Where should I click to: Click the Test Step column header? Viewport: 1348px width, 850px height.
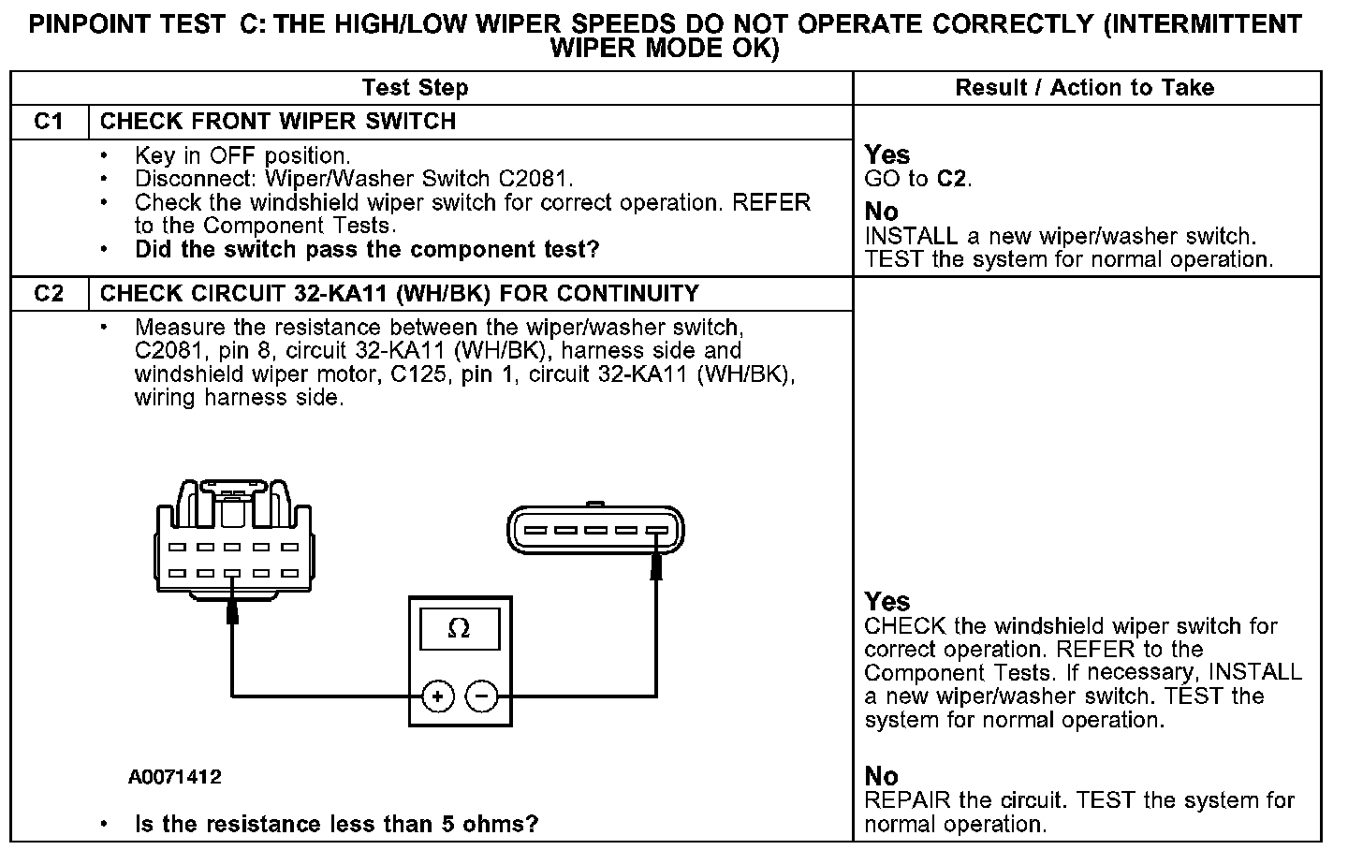pyautogui.click(x=415, y=88)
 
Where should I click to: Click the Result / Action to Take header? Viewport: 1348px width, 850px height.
pyautogui.click(x=1084, y=88)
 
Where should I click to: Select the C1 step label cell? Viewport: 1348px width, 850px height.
pyautogui.click(x=49, y=122)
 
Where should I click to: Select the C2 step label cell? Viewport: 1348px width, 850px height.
pyautogui.click(x=49, y=294)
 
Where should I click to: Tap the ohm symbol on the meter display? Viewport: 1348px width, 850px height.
pyautogui.click(x=459, y=628)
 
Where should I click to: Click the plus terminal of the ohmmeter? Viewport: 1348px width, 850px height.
pyautogui.click(x=437, y=696)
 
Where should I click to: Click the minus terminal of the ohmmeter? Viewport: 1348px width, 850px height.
pyautogui.click(x=482, y=696)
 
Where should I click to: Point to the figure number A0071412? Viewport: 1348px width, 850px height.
pyautogui.click(x=175, y=777)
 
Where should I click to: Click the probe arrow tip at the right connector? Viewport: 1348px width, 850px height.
pyautogui.click(x=656, y=559)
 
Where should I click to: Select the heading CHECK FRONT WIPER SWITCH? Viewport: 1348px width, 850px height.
pyautogui.click(x=278, y=122)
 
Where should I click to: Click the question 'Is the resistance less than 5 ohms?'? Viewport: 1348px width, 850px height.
pyautogui.click(x=337, y=825)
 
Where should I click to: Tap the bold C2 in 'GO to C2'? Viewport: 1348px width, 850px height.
pyautogui.click(x=952, y=179)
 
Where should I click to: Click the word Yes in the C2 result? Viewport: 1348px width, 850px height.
pyautogui.click(x=886, y=601)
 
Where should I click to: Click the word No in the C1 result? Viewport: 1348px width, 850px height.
pyautogui.click(x=881, y=212)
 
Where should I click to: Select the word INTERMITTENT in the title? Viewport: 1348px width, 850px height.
pyautogui.click(x=1201, y=24)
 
